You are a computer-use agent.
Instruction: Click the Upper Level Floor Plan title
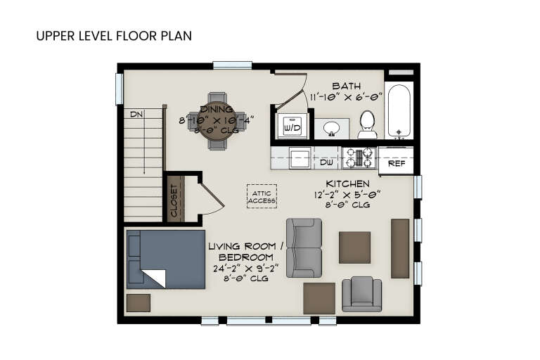point(113,35)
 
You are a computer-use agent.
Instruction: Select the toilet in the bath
point(367,125)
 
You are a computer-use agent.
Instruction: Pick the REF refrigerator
point(397,162)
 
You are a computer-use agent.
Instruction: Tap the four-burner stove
point(359,158)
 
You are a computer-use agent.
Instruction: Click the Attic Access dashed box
point(262,196)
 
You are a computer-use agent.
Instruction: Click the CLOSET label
point(174,200)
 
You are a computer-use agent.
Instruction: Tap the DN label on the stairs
point(136,114)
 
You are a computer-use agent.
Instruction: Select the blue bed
point(166,259)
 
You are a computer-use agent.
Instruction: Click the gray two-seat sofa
point(304,247)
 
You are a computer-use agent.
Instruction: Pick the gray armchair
point(361,294)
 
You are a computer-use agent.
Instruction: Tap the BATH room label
point(346,86)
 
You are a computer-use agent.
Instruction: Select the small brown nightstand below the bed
point(139,302)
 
